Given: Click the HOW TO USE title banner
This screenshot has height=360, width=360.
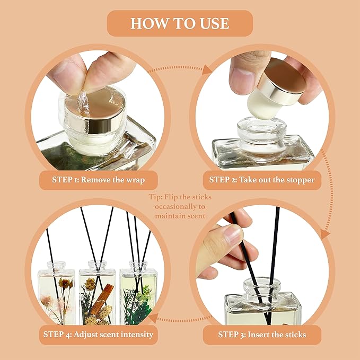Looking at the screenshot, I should pyautogui.click(x=180, y=23).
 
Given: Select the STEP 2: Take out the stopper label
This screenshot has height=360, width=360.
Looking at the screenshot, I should pyautogui.click(x=261, y=180).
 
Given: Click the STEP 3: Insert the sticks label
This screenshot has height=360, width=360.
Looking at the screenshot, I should pyautogui.click(x=261, y=335).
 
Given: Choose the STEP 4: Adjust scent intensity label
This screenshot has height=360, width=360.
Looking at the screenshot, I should pyautogui.click(x=98, y=335).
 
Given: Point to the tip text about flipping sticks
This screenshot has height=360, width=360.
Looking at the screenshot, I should pyautogui.click(x=180, y=206).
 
